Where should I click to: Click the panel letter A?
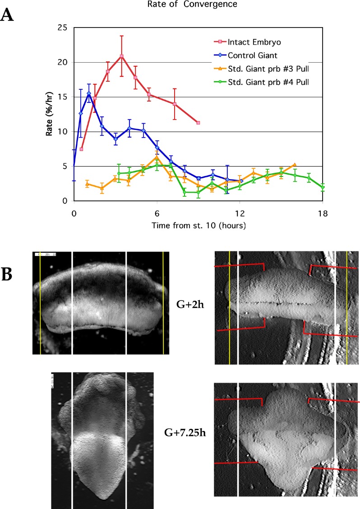click(9, 16)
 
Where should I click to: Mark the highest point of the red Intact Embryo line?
click(121, 56)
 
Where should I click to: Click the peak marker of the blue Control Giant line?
click(89, 93)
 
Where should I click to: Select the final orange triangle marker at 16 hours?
click(295, 165)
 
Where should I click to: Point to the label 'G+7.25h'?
click(183, 424)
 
